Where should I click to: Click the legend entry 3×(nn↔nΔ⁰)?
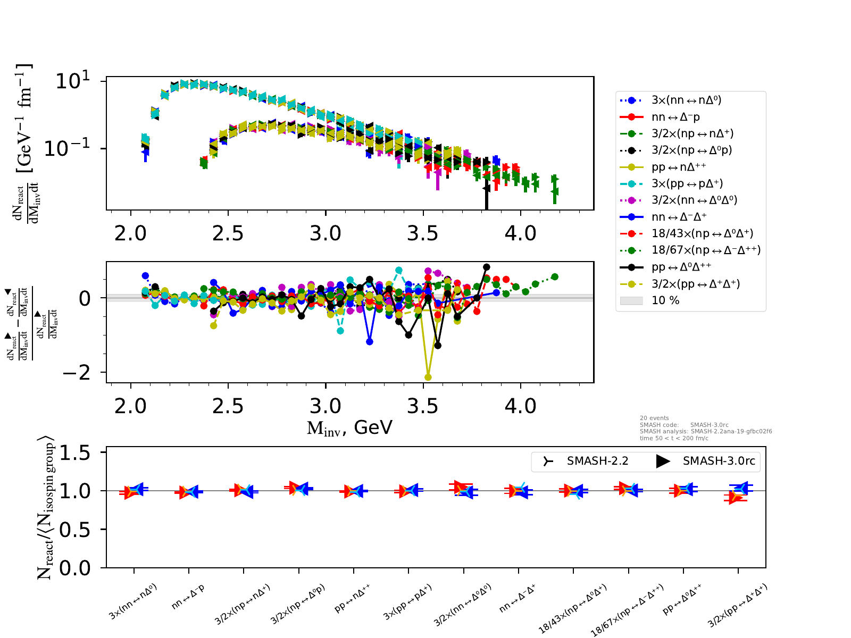pyautogui.click(x=686, y=100)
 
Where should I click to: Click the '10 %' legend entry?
pyautogui.click(x=665, y=300)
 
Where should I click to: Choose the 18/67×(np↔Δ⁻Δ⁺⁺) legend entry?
pyautogui.click(x=706, y=250)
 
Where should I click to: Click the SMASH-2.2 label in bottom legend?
pyautogui.click(x=597, y=461)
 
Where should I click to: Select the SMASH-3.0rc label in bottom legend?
pyautogui.click(x=719, y=461)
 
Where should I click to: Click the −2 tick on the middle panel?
pyautogui.click(x=76, y=373)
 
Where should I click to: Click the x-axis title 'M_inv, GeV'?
pyautogui.click(x=349, y=427)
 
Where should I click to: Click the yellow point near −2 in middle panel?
pyautogui.click(x=428, y=377)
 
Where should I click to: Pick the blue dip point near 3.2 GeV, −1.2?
pyautogui.click(x=370, y=342)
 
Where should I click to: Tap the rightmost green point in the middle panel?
pyautogui.click(x=555, y=276)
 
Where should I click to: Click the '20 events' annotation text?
pyautogui.click(x=654, y=418)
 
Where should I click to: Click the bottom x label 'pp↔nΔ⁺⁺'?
pyautogui.click(x=352, y=599)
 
